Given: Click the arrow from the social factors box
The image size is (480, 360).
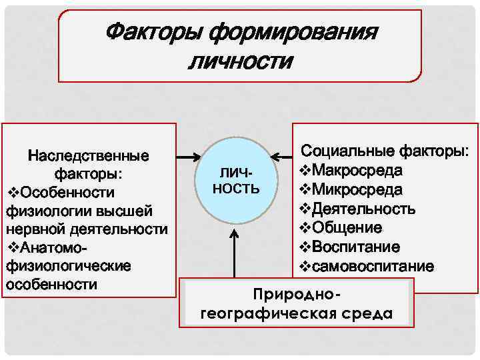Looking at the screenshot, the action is [x=283, y=158].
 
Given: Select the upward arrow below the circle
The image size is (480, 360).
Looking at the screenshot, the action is [x=235, y=253].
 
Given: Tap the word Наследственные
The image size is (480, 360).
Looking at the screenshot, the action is [x=88, y=157].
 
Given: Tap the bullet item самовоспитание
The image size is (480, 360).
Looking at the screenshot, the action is [x=370, y=267].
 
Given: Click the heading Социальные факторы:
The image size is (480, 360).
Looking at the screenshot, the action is [x=385, y=151].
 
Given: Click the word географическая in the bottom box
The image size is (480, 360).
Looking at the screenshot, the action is [x=271, y=314].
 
